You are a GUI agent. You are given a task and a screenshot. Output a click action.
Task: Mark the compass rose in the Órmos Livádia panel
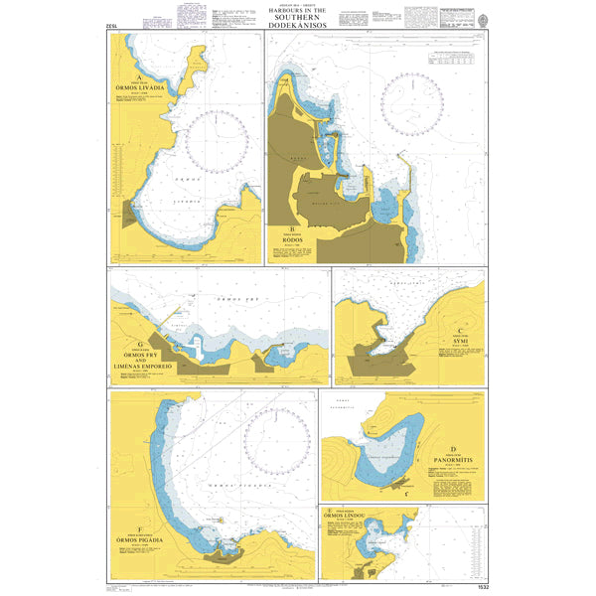pyautogui.click(x=221, y=138)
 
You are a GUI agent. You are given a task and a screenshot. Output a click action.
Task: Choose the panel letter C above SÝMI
pyautogui.click(x=460, y=331)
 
